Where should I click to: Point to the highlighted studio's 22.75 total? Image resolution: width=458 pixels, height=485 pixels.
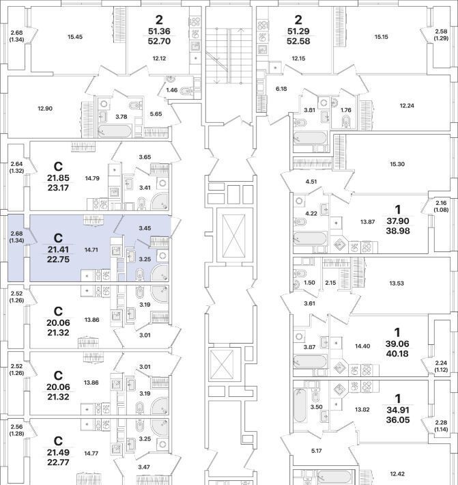pos(58,259)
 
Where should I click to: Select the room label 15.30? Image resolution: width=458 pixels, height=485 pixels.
pos(397,164)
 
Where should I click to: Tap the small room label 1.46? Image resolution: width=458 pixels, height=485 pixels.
pos(171,90)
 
